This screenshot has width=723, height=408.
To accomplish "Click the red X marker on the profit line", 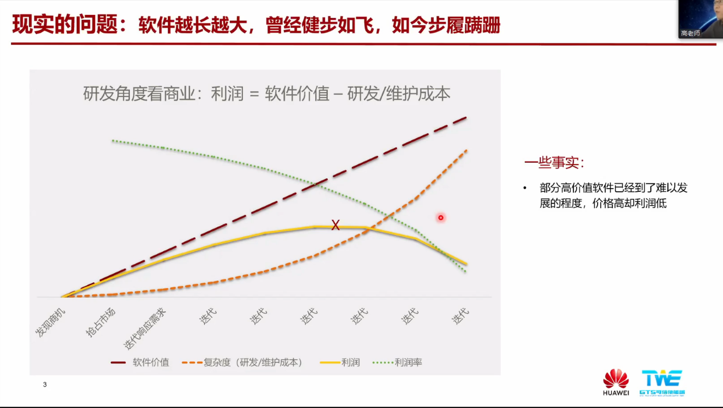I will click(335, 225).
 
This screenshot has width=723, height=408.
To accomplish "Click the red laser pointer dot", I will click(441, 218).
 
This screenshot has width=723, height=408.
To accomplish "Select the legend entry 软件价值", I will click(140, 362).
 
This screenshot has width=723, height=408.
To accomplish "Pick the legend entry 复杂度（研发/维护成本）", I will click(243, 362).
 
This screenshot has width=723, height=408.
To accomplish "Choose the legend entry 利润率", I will click(398, 362).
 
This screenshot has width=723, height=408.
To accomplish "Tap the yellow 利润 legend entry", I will click(340, 362).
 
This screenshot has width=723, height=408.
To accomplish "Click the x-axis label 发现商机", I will click(50, 322).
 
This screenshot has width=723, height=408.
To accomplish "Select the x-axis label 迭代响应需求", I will click(145, 328).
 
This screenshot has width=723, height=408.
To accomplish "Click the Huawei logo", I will click(616, 382).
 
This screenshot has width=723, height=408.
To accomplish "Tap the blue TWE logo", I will click(662, 382).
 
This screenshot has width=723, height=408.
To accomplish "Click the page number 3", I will click(45, 385).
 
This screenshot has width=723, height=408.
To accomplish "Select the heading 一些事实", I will click(554, 163).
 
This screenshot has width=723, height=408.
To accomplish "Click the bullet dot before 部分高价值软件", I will click(525, 188).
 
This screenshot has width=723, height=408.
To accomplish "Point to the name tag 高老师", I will click(690, 33).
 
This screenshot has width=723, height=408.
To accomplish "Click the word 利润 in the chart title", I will click(227, 93).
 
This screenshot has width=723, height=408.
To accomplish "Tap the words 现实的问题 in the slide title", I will click(65, 24).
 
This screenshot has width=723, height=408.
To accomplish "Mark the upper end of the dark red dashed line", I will click(466, 118).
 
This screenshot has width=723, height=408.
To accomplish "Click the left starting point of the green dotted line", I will click(113, 141).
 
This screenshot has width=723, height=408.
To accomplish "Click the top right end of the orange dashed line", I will click(467, 150).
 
